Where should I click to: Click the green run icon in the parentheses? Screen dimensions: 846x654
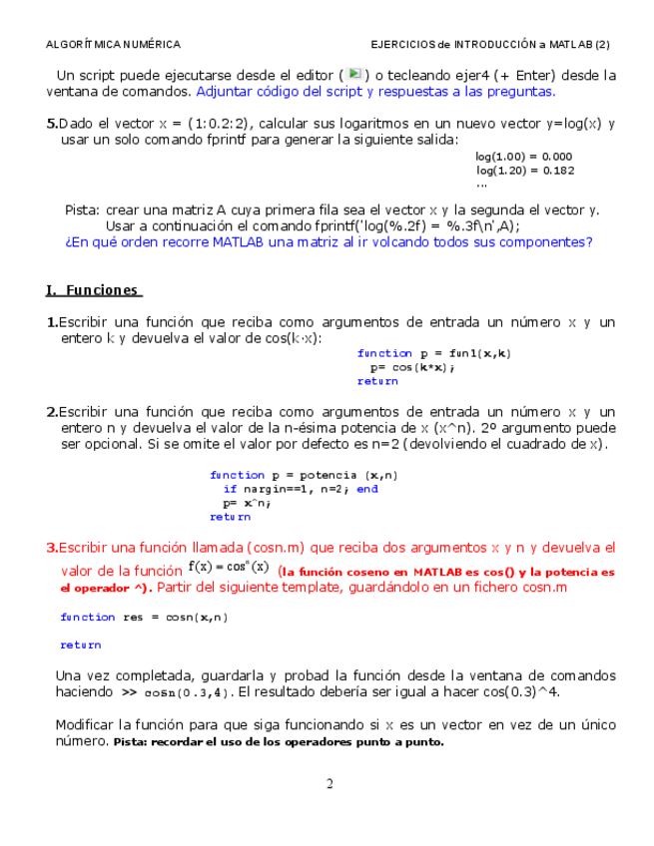(354, 74)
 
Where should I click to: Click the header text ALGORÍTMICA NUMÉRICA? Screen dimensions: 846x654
(114, 45)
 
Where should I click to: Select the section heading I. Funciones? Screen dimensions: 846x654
(94, 290)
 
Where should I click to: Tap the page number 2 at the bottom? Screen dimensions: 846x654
(328, 783)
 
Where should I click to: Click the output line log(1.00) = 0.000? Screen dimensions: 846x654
(524, 157)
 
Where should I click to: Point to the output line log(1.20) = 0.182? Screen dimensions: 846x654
(524, 171)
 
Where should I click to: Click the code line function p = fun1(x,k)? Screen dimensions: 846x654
(434, 353)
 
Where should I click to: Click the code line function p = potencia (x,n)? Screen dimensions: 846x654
(304, 475)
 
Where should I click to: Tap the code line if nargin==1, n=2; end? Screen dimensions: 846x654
(301, 489)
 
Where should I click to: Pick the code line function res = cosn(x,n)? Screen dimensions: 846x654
(144, 617)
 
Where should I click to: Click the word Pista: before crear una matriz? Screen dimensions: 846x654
(82, 210)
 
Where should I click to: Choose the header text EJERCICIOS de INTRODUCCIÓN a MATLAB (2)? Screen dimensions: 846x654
(489, 45)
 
